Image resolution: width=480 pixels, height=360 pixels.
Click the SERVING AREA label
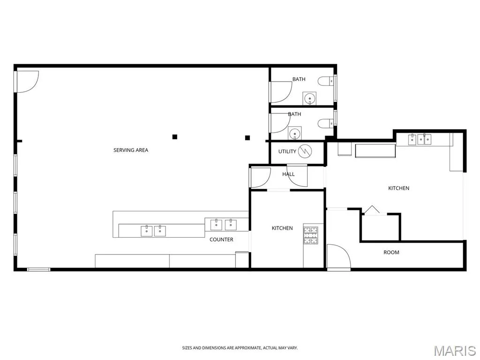coord(131,150)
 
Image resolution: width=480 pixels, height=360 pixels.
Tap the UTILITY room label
coord(287,151)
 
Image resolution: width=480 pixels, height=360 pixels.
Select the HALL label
coord(288,174)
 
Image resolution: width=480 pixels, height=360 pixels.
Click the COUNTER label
coord(221,240)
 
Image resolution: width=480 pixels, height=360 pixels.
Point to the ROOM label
coord(391,252)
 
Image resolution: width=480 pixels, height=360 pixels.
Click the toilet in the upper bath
coord(325,81)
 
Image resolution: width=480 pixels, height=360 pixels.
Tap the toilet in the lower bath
coord(325,123)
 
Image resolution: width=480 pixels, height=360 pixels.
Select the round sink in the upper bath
coord(310,98)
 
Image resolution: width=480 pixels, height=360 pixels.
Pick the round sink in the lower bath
coord(295,134)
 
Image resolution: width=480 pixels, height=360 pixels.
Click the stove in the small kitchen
coord(311,235)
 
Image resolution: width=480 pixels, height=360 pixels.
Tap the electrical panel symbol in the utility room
coord(305,151)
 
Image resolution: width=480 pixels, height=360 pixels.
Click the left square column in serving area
coord(174,137)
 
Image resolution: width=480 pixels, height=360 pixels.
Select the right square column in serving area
coord(247,138)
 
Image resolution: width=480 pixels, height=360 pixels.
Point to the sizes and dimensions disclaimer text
coord(240,348)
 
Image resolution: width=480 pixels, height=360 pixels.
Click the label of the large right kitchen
coord(398,188)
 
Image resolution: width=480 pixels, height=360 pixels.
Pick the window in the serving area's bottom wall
coord(38,270)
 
